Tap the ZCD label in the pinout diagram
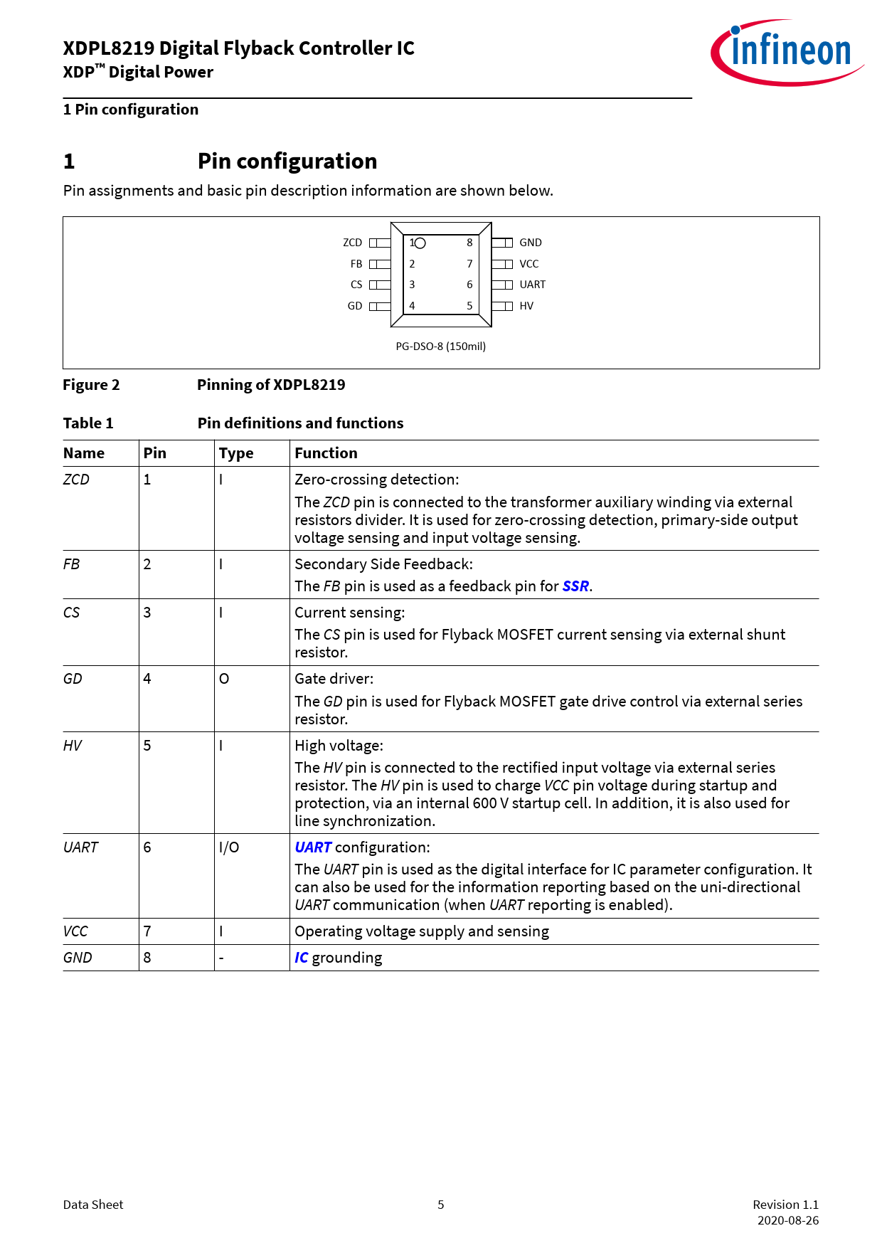(352, 243)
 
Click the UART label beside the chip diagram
(532, 285)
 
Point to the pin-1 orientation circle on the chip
(420, 243)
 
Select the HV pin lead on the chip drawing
(502, 306)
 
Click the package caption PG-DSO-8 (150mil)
(440, 347)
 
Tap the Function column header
(326, 453)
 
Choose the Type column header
(236, 453)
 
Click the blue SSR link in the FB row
(575, 586)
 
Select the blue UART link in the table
(313, 847)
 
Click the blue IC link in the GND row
(302, 958)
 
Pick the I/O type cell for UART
(229, 847)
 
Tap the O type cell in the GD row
(224, 679)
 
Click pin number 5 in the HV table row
(147, 746)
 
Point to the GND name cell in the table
(78, 958)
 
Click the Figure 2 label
(91, 385)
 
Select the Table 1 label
(88, 423)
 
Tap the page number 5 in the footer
(441, 1205)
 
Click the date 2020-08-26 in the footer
(787, 1220)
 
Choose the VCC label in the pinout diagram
(528, 264)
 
